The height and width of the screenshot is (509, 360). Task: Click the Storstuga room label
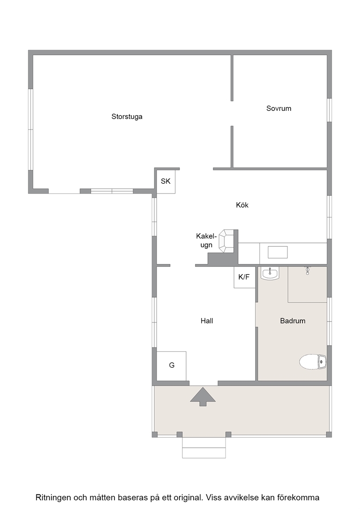(x=127, y=117)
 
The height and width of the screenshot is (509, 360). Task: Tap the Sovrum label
(x=279, y=108)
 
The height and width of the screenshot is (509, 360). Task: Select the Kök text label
(x=242, y=205)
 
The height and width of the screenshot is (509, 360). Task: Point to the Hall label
(x=207, y=321)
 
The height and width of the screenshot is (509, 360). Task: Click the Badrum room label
(x=293, y=321)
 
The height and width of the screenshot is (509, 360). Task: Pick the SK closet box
(x=166, y=181)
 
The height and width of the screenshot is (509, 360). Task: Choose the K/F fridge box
(x=244, y=277)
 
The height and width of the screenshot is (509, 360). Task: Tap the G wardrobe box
(x=171, y=366)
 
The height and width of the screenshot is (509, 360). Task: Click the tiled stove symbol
(x=226, y=241)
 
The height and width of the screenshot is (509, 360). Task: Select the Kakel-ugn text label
(x=207, y=240)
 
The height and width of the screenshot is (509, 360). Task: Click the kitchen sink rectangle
(x=277, y=252)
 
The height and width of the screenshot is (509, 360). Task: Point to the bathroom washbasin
(x=270, y=273)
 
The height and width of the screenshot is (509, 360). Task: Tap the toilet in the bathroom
(x=313, y=361)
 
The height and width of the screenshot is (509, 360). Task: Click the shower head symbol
(x=307, y=271)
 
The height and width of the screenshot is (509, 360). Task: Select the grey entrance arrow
(x=203, y=396)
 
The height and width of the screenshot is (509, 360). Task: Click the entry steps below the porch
(x=204, y=448)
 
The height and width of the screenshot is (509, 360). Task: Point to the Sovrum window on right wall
(x=329, y=110)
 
